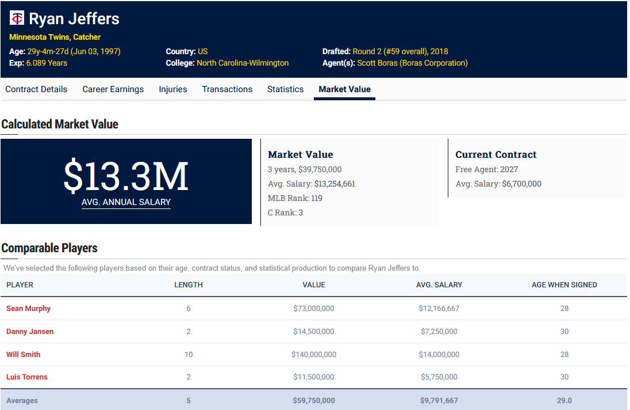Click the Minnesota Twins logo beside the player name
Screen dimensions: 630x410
click(x=17, y=18)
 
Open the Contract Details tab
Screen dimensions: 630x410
click(x=36, y=89)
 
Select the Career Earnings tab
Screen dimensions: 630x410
click(x=113, y=89)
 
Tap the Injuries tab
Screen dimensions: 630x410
click(x=173, y=89)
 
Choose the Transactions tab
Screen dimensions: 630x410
click(x=227, y=89)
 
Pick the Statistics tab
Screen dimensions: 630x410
click(x=285, y=89)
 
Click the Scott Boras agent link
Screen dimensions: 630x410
click(x=412, y=63)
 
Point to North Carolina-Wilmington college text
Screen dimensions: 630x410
click(x=243, y=63)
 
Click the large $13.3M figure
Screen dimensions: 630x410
click(x=126, y=176)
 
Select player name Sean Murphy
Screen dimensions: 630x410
click(x=29, y=309)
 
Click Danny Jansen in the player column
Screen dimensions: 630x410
click(x=30, y=332)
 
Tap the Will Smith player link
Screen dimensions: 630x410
click(x=24, y=355)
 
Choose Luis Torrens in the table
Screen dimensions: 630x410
click(x=27, y=377)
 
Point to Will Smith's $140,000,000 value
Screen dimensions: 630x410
click(x=314, y=355)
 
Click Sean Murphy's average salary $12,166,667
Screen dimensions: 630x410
click(x=439, y=309)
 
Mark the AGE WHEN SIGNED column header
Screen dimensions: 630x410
click(x=564, y=285)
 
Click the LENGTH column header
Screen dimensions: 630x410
click(x=189, y=285)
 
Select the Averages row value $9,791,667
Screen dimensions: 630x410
click(x=439, y=400)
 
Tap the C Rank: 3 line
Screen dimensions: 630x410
click(x=285, y=212)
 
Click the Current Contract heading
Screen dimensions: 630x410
click(x=496, y=154)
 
